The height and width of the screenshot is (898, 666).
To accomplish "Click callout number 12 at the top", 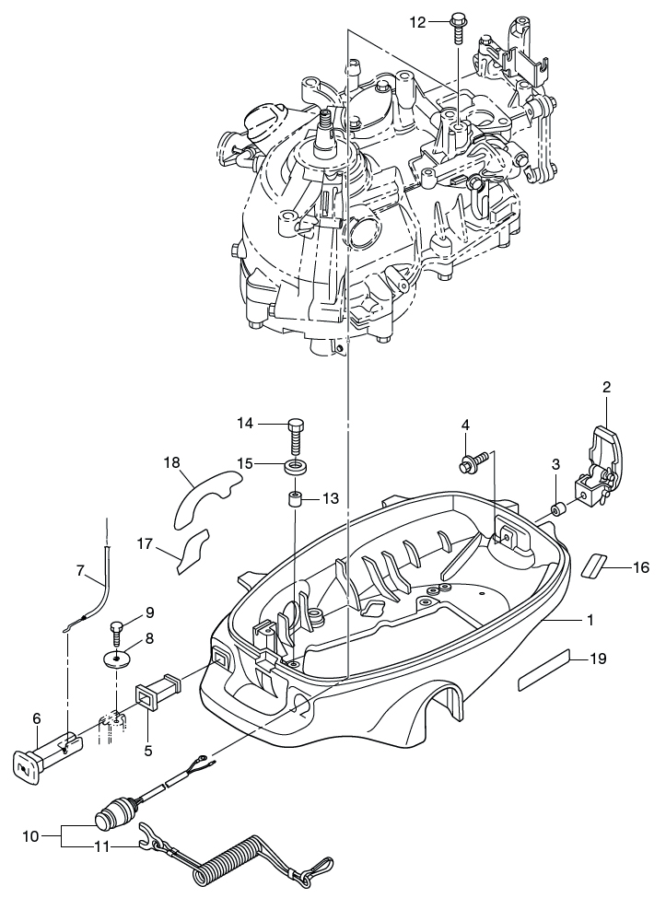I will point(417,21).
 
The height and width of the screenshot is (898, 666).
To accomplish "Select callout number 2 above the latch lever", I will point(606,387).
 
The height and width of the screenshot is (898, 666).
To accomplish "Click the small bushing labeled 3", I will point(557,508).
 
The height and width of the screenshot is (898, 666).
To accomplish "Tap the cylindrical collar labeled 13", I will point(295,503).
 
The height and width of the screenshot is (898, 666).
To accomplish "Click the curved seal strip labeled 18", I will point(202,488).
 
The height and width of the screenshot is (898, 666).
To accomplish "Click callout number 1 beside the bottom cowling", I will point(590,620).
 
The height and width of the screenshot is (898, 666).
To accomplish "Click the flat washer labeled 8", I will point(117,659).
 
